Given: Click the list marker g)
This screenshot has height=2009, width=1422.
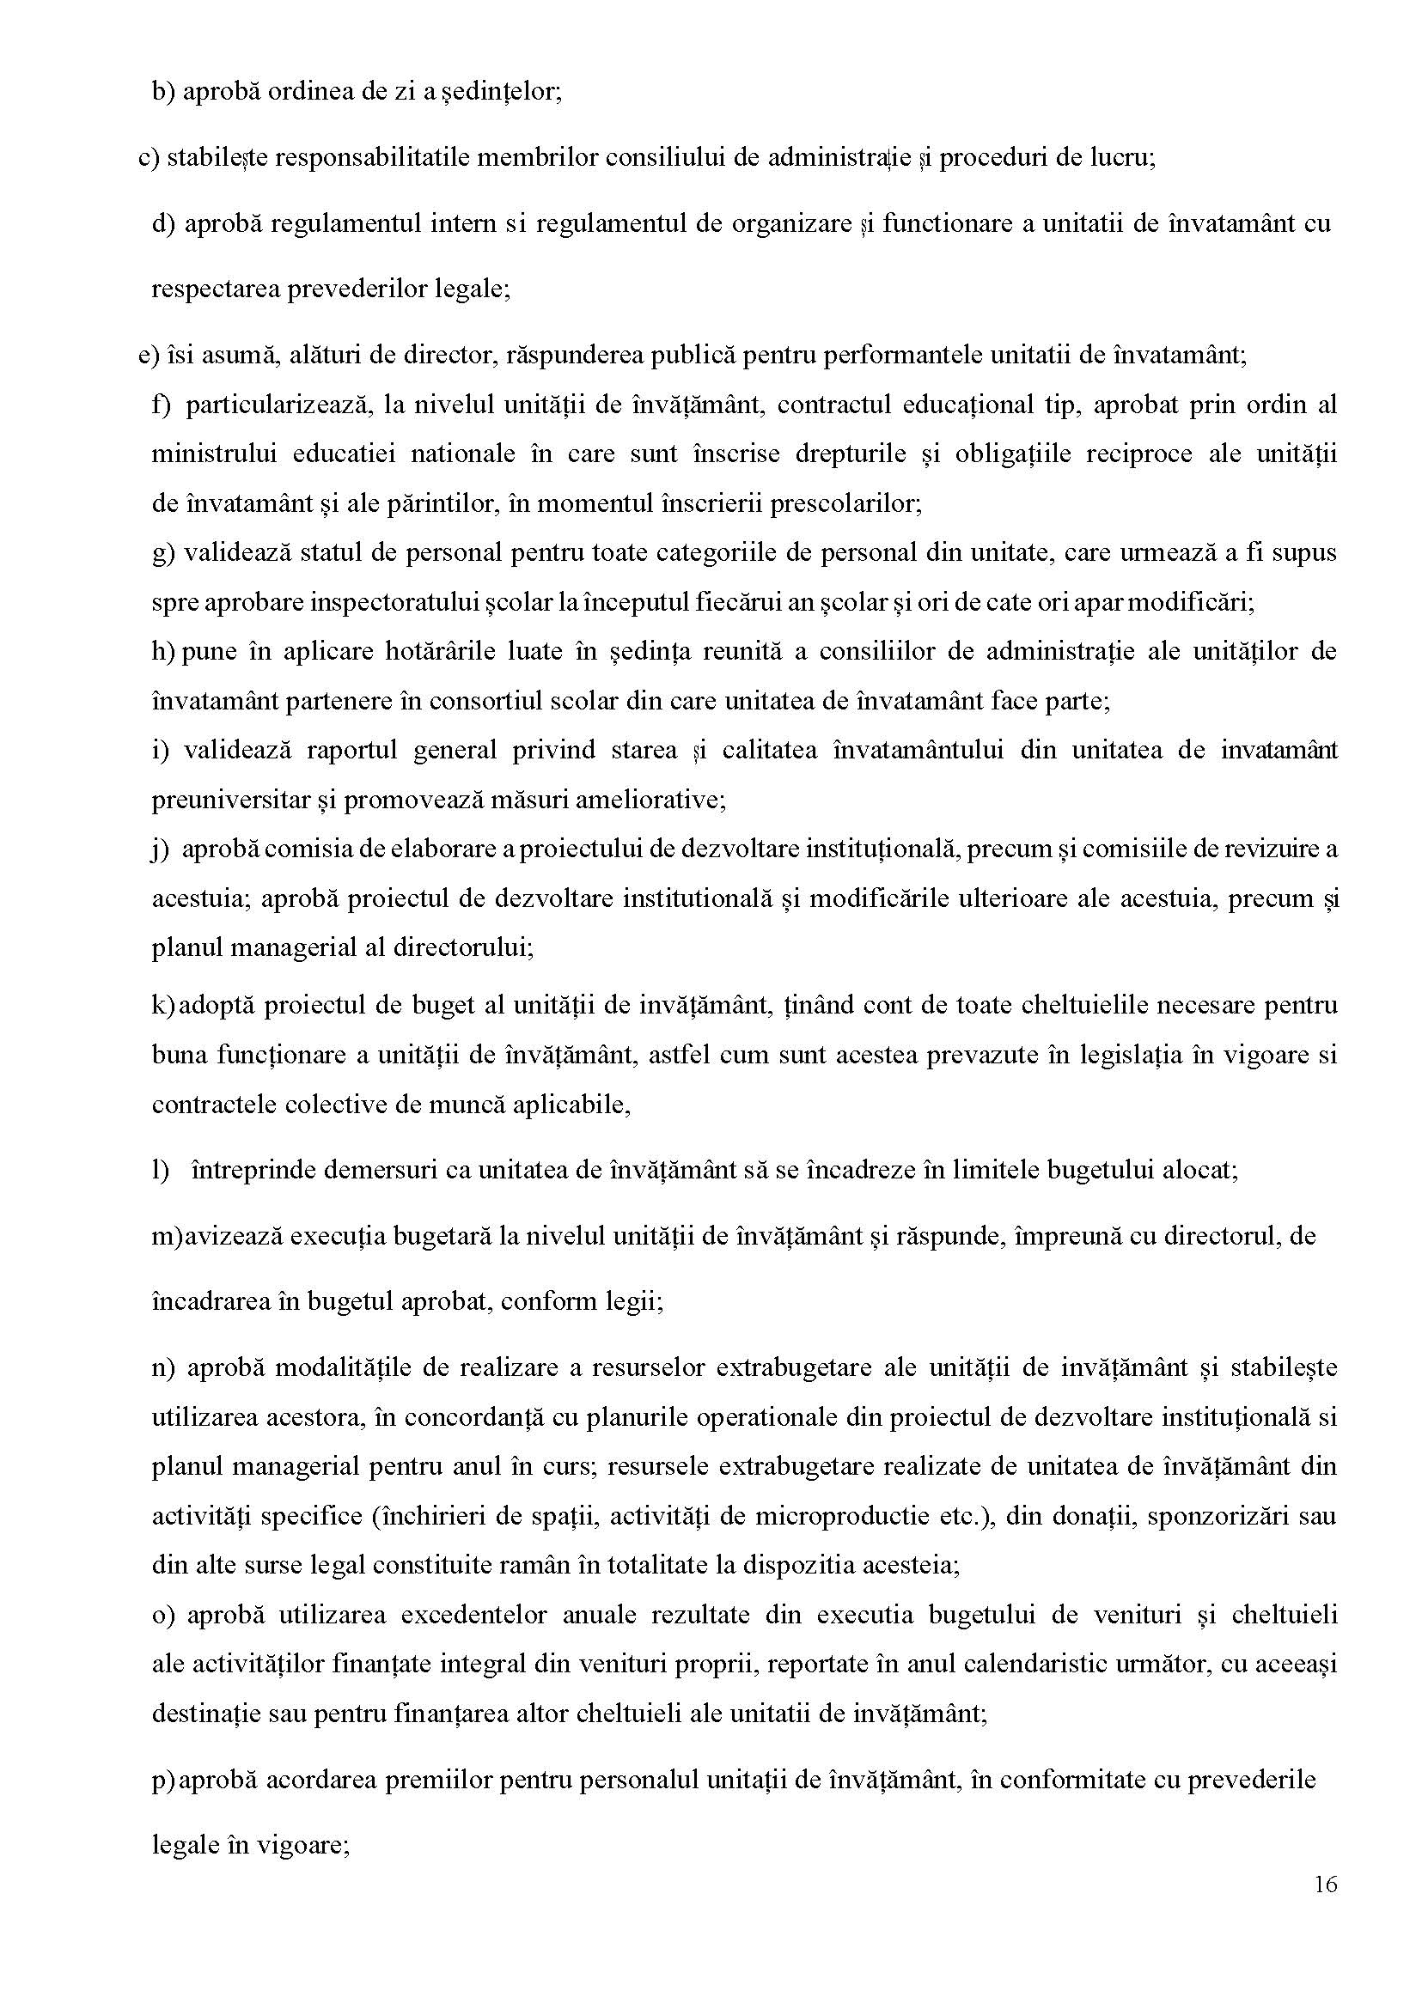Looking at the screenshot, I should pyautogui.click(x=164, y=553).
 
